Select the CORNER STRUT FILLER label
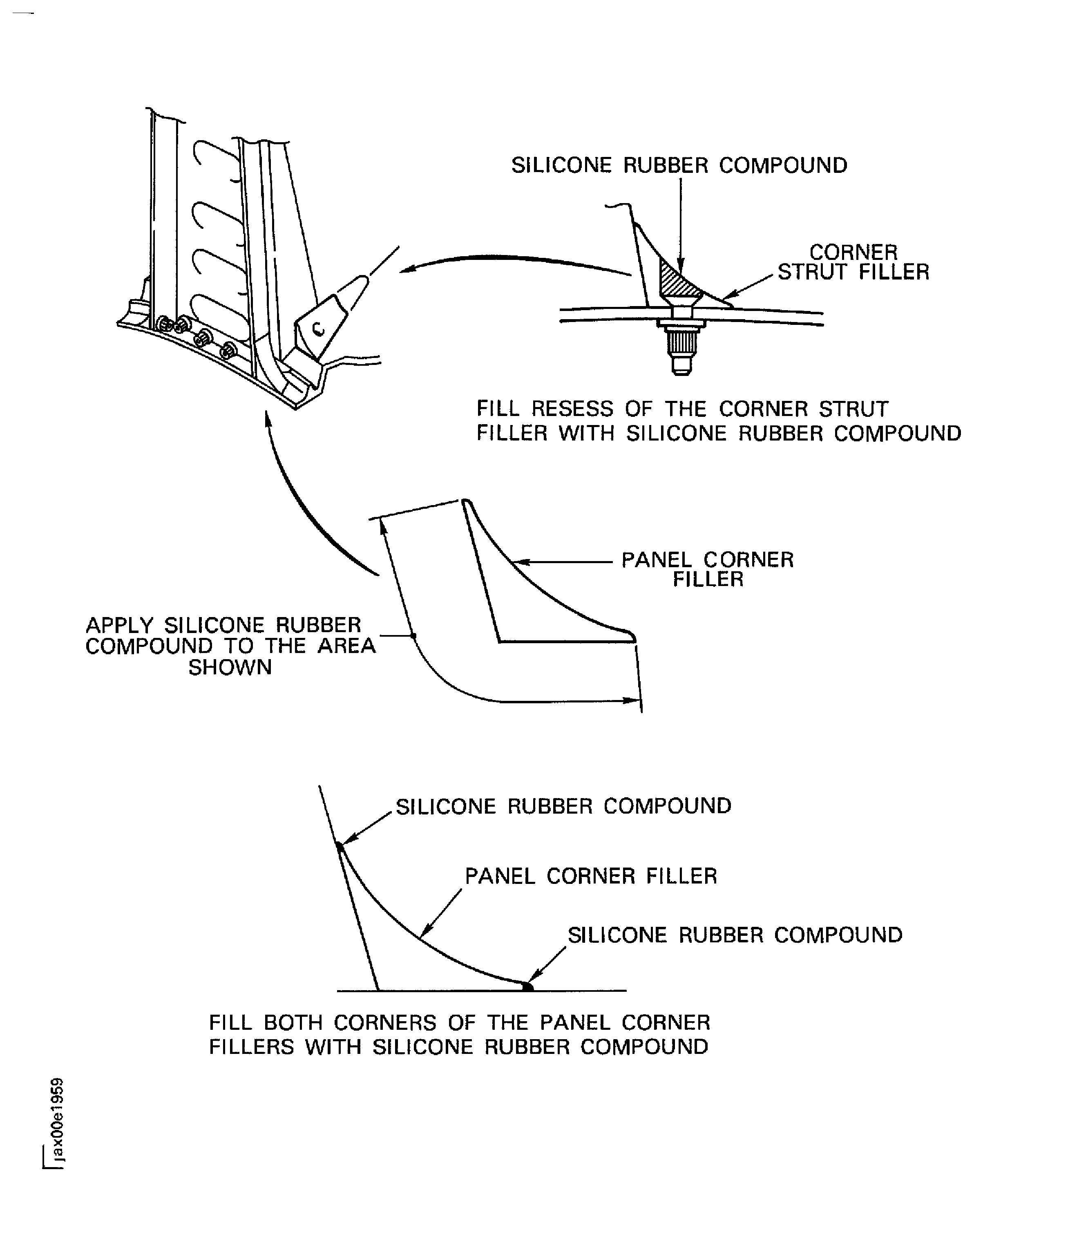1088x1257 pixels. pyautogui.click(x=853, y=262)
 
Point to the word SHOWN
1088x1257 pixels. pyautogui.click(x=230, y=667)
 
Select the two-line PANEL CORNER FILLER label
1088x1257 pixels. pyautogui.click(x=707, y=569)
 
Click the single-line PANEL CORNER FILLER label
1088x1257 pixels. pyautogui.click(x=591, y=876)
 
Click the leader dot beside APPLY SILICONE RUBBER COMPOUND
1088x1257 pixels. pyautogui.click(x=413, y=636)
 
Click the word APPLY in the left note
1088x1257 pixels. pyautogui.click(x=121, y=625)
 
